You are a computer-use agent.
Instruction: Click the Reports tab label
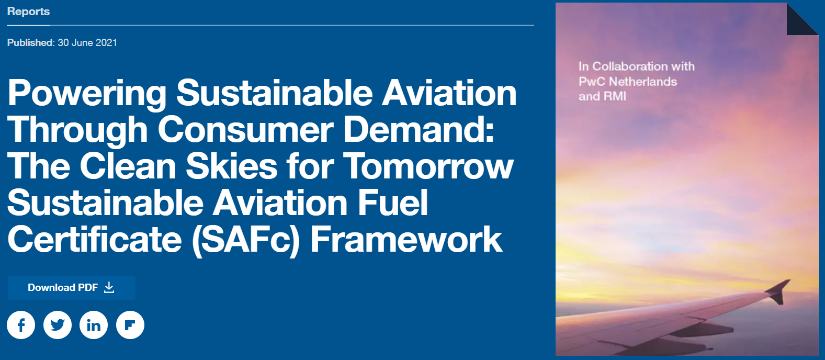(28, 12)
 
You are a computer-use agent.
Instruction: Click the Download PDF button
(71, 287)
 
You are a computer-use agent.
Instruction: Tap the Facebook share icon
(21, 325)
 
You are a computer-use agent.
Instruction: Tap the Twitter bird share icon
(58, 325)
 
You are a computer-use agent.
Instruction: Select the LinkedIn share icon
(94, 325)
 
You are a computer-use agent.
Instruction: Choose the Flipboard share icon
(130, 325)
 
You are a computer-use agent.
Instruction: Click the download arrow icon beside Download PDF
(109, 287)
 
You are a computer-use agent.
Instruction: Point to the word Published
(30, 43)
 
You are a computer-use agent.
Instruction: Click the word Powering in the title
(87, 94)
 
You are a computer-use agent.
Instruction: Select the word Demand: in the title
(419, 130)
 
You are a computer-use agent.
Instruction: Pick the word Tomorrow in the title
(428, 166)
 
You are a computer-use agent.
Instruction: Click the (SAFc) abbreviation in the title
(246, 240)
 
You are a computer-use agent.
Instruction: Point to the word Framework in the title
(406, 239)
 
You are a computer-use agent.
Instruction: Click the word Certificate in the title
(95, 239)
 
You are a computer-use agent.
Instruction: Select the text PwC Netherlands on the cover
(628, 82)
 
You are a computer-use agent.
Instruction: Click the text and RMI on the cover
(602, 96)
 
